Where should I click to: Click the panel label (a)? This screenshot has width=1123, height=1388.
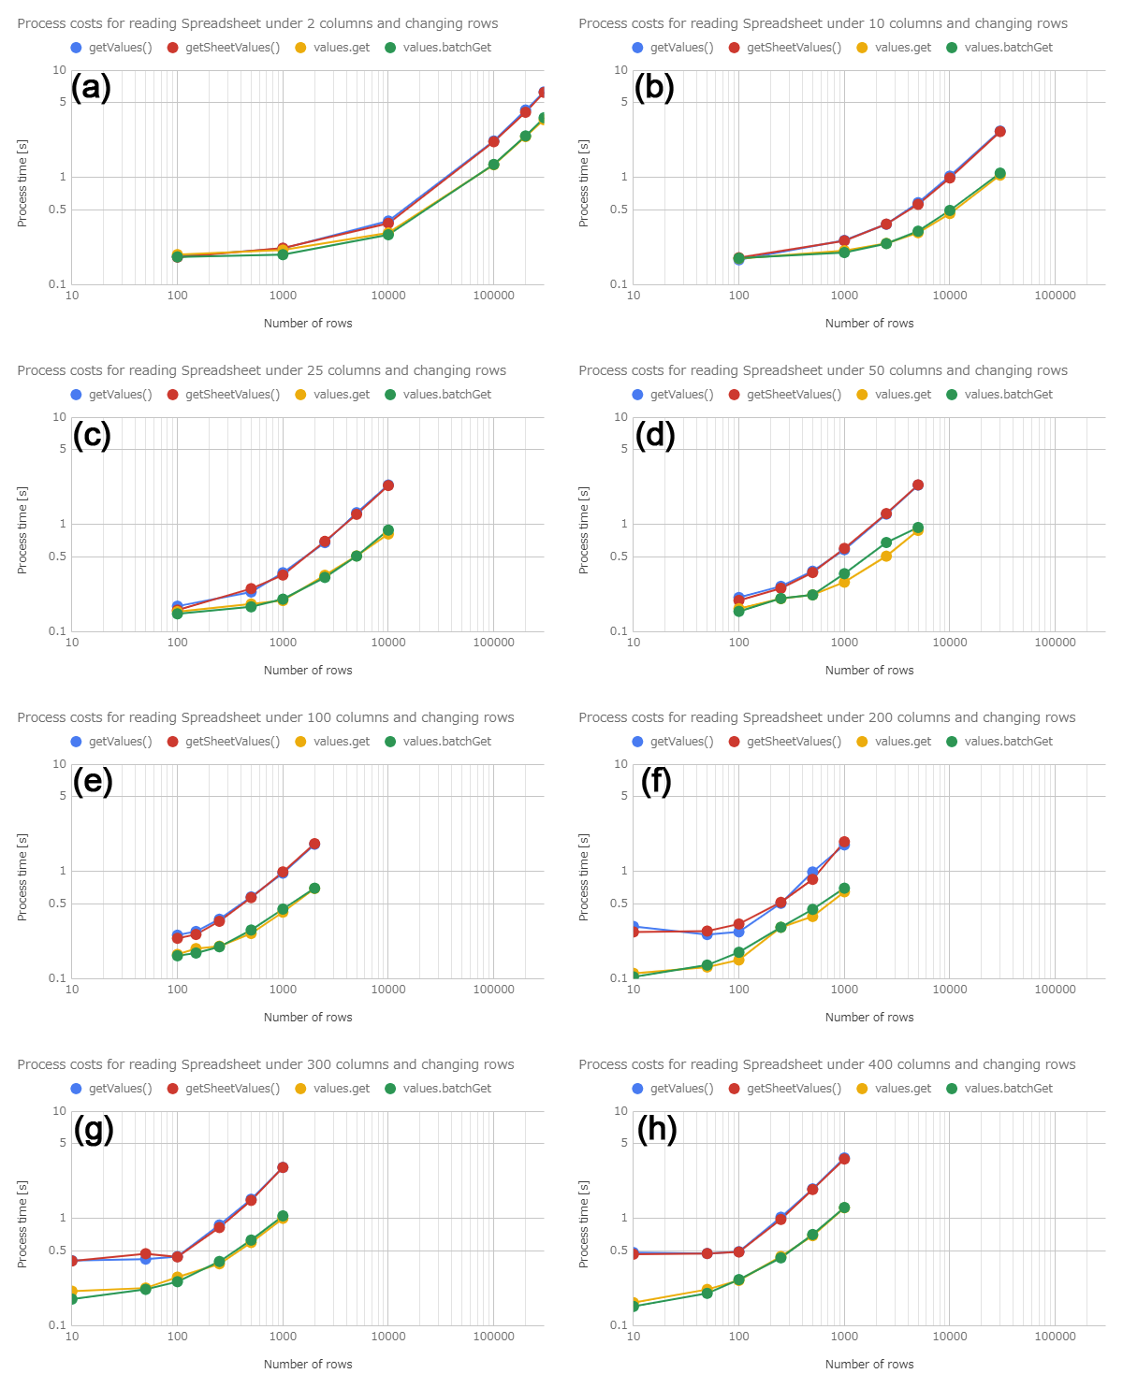point(92,88)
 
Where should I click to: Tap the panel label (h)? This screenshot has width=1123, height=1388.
point(657,1129)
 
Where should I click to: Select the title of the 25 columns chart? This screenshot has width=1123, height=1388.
point(261,370)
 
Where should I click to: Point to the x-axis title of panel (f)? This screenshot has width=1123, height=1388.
point(868,1018)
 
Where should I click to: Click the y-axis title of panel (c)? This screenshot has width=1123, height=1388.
point(22,530)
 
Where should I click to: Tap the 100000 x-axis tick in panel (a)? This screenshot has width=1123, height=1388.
point(493,296)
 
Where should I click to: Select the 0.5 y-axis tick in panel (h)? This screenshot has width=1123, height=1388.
point(619,1251)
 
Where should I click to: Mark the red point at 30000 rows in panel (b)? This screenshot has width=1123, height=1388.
point(999,132)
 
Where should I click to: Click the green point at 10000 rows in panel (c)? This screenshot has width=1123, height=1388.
point(387,530)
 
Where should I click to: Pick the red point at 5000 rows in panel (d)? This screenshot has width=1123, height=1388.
point(918,485)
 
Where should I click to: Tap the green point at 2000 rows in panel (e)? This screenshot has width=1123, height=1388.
point(314,889)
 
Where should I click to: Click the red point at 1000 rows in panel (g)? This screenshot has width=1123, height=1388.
point(283,1167)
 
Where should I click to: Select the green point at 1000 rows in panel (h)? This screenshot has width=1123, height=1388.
point(844,1207)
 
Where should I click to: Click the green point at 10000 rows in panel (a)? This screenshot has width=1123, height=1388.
point(388,235)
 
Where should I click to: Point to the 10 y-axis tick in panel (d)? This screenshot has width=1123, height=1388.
point(621,417)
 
